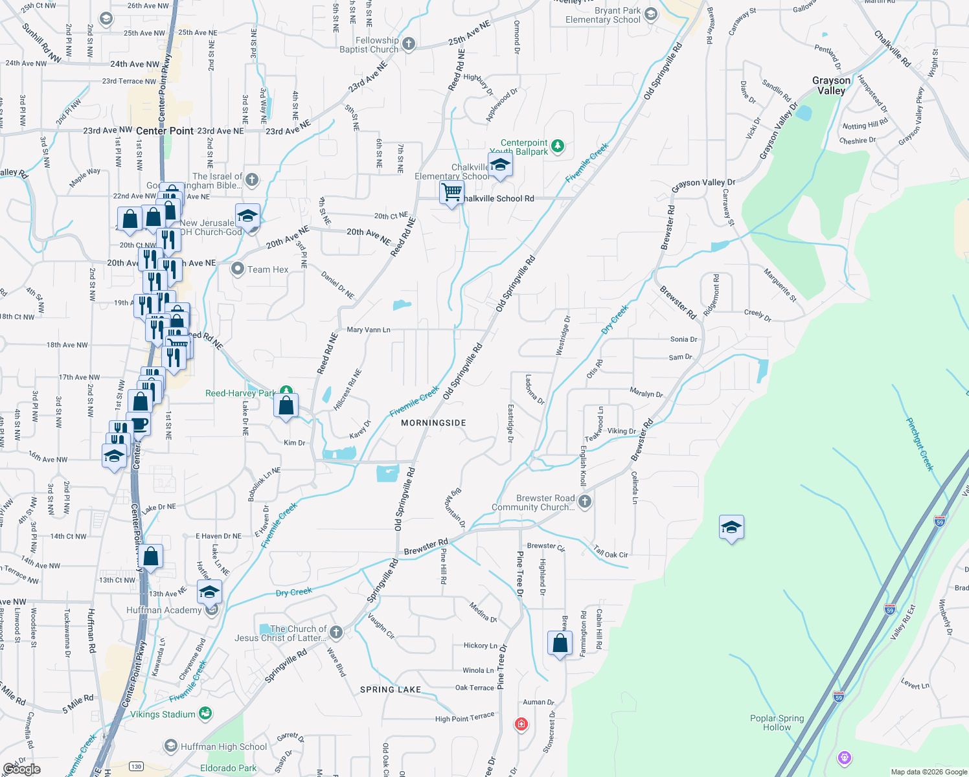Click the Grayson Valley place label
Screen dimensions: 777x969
832,85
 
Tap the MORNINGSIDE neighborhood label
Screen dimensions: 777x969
433,423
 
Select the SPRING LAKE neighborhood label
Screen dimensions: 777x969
391,690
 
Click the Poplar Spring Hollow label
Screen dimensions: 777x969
777,723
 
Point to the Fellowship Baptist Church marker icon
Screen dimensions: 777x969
408,44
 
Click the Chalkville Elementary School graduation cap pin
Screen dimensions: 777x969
500,166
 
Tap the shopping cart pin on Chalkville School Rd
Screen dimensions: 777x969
451,192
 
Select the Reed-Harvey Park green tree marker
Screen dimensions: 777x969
286,392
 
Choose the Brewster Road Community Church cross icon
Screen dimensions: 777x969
584,501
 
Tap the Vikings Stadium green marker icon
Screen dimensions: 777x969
205,714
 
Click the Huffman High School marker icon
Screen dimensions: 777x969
171,746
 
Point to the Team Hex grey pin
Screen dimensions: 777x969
238,269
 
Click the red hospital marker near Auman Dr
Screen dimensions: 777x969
521,723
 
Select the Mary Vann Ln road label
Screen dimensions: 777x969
369,330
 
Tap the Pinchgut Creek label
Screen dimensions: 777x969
920,444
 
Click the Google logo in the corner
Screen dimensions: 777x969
22,769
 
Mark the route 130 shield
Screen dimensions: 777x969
136,766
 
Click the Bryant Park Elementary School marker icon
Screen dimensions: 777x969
651,14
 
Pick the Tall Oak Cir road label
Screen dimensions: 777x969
611,552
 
